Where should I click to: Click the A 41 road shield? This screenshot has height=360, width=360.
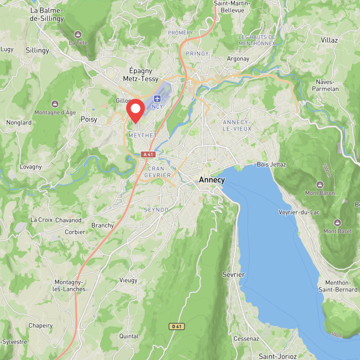point(148,154)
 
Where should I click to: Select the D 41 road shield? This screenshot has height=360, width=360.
point(176,326)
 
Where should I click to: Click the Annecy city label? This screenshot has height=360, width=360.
point(211,179)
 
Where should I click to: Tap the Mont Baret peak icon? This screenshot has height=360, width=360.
point(337,222)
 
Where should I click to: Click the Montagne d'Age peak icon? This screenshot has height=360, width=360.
point(55,103)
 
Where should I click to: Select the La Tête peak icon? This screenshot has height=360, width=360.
point(78,34)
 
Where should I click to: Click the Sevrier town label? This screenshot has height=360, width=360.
point(233,274)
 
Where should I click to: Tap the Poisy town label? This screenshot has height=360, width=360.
point(89,119)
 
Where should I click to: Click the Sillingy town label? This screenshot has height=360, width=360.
point(37,50)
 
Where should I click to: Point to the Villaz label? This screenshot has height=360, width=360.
point(329,40)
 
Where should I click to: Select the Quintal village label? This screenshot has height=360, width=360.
point(129,336)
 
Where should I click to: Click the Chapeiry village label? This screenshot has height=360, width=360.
point(40,325)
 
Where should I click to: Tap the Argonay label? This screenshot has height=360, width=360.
point(238,58)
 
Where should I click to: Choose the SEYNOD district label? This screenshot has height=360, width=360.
point(156,209)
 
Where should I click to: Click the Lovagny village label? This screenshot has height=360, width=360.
point(31,167)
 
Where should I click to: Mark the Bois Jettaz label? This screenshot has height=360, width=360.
point(271,164)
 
